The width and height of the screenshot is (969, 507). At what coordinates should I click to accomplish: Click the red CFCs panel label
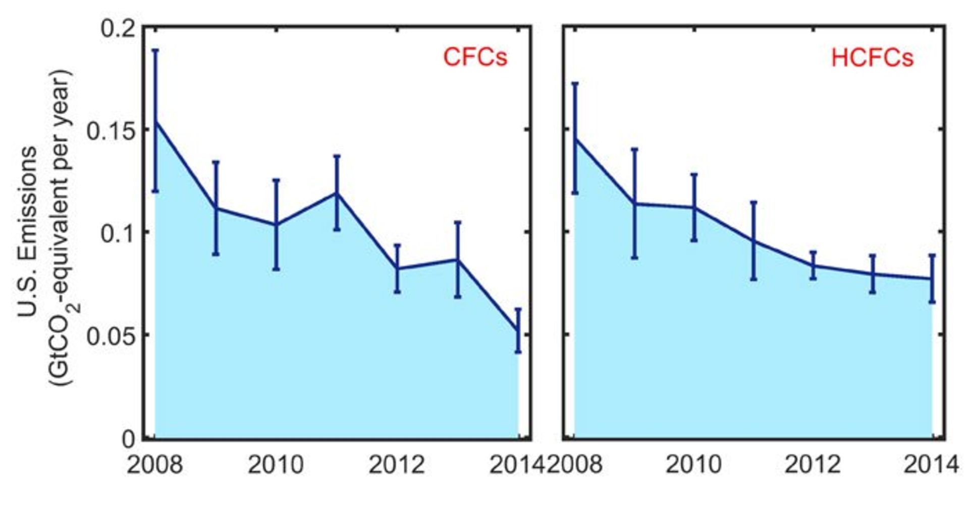(x=475, y=57)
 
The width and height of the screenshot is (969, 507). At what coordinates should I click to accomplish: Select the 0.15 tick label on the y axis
(x=111, y=131)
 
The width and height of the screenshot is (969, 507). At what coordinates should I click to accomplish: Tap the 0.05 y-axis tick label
(x=111, y=336)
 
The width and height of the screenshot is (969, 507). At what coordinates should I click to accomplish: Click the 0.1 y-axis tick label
(x=118, y=234)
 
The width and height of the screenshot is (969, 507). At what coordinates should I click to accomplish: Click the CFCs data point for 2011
(x=337, y=193)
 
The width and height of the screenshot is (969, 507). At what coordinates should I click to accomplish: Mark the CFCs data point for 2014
(x=518, y=331)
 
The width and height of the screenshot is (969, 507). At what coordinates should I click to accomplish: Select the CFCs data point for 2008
(x=155, y=121)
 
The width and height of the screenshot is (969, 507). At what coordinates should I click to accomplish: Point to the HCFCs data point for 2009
(x=634, y=204)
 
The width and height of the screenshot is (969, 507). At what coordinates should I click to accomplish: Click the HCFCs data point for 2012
(x=813, y=266)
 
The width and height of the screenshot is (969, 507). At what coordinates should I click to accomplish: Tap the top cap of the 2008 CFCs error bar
(x=155, y=50)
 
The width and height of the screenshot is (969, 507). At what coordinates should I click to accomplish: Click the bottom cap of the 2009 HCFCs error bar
(x=634, y=258)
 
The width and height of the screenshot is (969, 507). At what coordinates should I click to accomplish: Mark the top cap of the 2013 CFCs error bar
(x=457, y=222)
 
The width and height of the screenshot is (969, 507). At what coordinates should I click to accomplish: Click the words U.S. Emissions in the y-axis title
(x=28, y=232)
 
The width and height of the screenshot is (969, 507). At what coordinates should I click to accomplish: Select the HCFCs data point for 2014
(x=932, y=279)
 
